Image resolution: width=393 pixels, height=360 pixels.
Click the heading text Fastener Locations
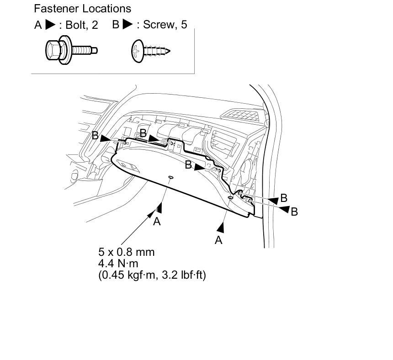(x=82, y=9)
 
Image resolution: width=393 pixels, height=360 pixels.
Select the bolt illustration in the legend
(x=71, y=50)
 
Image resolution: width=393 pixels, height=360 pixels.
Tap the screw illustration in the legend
(x=151, y=51)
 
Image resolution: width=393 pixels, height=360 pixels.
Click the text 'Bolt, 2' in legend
(x=82, y=25)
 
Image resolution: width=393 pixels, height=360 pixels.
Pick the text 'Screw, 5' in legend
(x=165, y=25)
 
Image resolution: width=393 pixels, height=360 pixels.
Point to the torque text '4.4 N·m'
(x=118, y=263)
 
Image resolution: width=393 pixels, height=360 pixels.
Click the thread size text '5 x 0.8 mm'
(x=126, y=252)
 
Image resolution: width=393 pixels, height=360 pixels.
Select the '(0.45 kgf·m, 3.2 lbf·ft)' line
(x=152, y=275)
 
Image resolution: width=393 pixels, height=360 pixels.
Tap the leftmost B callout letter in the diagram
(x=95, y=136)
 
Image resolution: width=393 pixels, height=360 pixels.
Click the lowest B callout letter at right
(x=294, y=212)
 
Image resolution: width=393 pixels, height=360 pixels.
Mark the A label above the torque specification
(x=157, y=222)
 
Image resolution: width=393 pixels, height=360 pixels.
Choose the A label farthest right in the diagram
(x=218, y=240)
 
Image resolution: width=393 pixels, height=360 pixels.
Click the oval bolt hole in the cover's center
(x=171, y=177)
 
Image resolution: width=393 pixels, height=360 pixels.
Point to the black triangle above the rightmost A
(x=221, y=228)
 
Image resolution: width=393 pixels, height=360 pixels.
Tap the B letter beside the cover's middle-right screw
(x=188, y=165)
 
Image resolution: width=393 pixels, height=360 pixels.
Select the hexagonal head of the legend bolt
(x=53, y=51)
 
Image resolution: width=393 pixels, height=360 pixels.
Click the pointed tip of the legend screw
(x=170, y=51)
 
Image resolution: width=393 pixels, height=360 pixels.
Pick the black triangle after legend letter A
(x=50, y=25)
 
